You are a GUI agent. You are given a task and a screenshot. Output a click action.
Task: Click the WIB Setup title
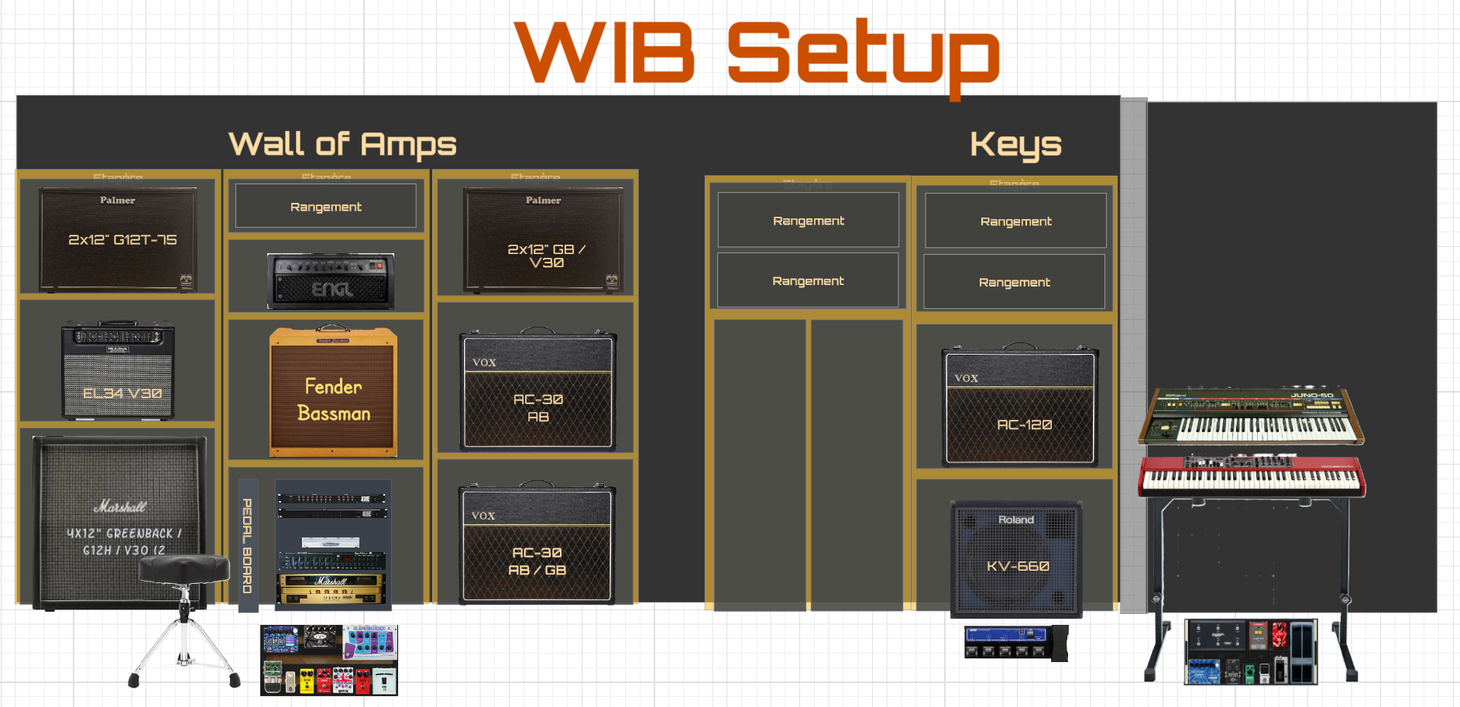(x=757, y=53)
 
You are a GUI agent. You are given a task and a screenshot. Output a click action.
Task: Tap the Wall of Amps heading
(x=342, y=144)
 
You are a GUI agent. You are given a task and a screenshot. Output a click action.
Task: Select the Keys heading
(x=1015, y=144)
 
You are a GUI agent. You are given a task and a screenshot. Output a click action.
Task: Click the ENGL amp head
(x=331, y=281)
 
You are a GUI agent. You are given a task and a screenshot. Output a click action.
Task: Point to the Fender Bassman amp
(x=333, y=393)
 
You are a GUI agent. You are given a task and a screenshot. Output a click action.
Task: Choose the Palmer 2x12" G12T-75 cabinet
(x=118, y=239)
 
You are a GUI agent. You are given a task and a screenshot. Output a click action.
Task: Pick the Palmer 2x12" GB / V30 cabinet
(x=543, y=239)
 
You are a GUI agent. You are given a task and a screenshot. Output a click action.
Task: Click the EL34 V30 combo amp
(x=118, y=370)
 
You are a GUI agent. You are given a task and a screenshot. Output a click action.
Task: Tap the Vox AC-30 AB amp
(x=538, y=391)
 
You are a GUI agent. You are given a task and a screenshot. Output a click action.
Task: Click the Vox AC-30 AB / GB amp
(x=537, y=544)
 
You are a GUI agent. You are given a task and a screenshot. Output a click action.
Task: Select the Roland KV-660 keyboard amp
(x=1016, y=558)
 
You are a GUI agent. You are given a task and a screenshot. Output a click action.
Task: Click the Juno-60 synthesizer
(x=1251, y=416)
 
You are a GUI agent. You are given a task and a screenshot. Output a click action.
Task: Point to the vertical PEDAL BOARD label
(x=248, y=546)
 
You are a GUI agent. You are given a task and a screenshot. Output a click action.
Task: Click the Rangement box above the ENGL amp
(x=326, y=206)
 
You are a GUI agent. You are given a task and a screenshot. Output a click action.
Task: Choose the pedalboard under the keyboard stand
(x=1250, y=652)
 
